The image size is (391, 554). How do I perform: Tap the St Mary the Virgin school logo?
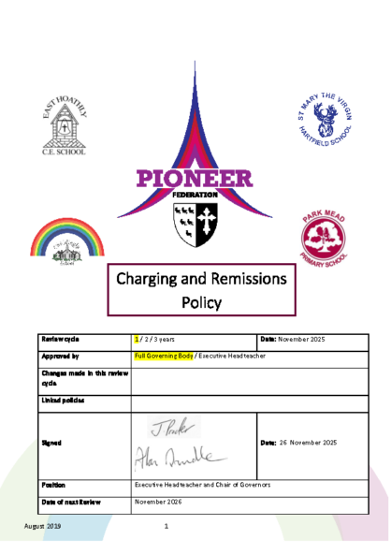point(325,124)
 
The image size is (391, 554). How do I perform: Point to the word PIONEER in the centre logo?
point(194,177)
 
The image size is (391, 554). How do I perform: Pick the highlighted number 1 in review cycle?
point(137,338)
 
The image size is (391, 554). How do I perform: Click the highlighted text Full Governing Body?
point(163,357)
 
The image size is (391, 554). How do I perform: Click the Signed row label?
point(51,442)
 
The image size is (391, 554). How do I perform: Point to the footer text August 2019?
point(42,526)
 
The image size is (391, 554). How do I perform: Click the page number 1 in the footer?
point(166,526)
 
